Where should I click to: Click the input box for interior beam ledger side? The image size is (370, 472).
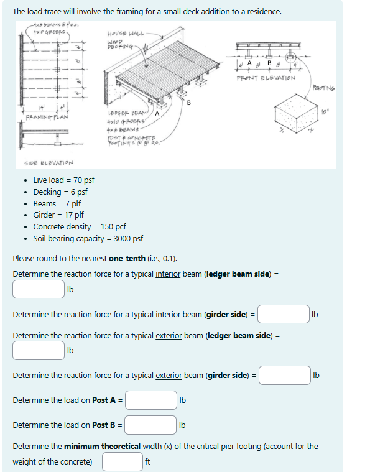38,289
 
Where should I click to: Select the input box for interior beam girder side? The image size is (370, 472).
284,314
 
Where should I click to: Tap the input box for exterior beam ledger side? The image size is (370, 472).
38,350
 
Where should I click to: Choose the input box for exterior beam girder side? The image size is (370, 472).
285,375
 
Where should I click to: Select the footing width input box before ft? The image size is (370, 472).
123,461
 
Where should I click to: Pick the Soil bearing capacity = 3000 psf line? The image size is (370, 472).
88,239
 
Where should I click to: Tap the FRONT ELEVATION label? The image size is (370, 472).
266,79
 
